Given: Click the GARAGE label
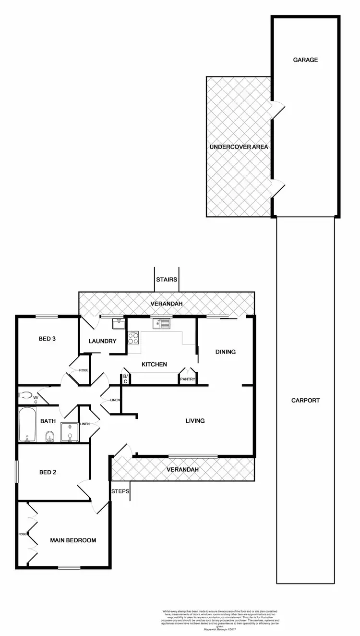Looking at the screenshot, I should point(306,60).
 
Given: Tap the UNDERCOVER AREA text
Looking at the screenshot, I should point(239,147).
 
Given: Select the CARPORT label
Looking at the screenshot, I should point(305,400).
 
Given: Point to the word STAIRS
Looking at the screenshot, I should point(167,279).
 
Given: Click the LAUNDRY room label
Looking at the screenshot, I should point(103,342).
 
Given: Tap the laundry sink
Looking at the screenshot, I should point(118,325).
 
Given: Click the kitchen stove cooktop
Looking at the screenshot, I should point(133,338).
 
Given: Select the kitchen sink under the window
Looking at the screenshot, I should point(161,324).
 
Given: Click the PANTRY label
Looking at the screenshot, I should point(187,379).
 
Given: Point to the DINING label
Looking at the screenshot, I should point(225,352).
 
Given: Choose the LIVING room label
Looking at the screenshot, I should point(195,421).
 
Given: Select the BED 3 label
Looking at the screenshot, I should point(48,339).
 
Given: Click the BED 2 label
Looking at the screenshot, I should point(48,472).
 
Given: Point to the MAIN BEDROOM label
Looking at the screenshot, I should point(73,540).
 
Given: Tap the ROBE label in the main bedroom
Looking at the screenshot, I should point(22,534).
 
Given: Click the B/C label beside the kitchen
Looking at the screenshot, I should point(125,379).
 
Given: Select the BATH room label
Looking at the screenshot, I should point(48,421).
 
